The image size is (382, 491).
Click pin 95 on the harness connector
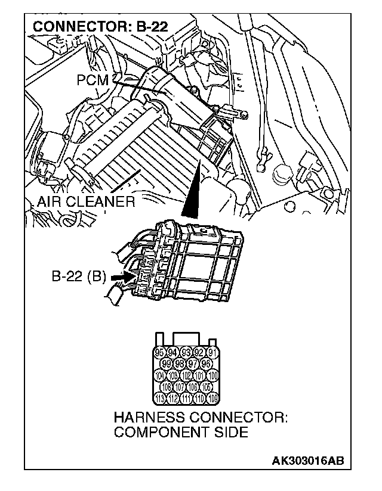(x=159, y=353)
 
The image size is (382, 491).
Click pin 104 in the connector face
(x=159, y=375)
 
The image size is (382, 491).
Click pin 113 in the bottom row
(x=159, y=397)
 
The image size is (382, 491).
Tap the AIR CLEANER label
(x=85, y=201)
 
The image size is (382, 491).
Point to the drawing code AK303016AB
(x=308, y=461)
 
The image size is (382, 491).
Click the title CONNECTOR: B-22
(x=100, y=26)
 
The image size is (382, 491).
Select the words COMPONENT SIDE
(x=180, y=432)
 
